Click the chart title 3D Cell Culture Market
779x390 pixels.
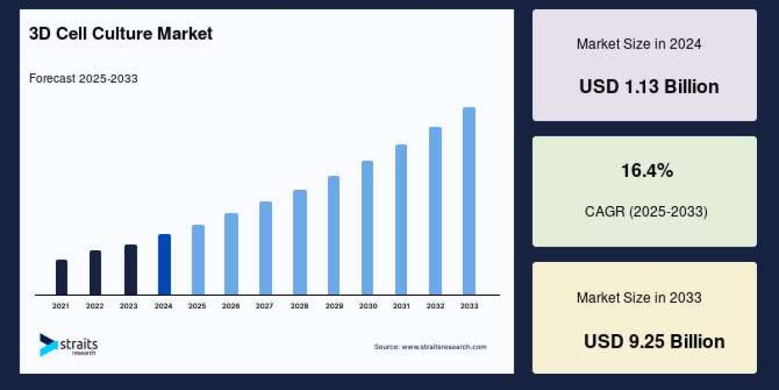(121, 34)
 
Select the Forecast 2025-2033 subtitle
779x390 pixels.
(83, 79)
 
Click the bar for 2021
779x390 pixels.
(62, 278)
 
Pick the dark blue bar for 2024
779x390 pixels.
(164, 265)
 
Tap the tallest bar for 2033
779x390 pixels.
(469, 201)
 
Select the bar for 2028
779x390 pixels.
(299, 242)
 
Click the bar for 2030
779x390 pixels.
(367, 227)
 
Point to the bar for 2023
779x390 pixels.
(130, 270)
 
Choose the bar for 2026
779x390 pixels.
(231, 254)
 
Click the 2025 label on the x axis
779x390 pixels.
(197, 305)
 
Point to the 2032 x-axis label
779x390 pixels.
(435, 305)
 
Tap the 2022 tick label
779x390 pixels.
(95, 305)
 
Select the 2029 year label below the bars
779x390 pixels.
(333, 305)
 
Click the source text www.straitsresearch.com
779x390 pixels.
(430, 347)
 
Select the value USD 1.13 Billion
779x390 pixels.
(649, 86)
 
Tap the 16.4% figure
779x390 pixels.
(647, 171)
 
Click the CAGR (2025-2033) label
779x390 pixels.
(645, 212)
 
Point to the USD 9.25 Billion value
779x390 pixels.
(654, 341)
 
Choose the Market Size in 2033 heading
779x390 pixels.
(639, 298)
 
